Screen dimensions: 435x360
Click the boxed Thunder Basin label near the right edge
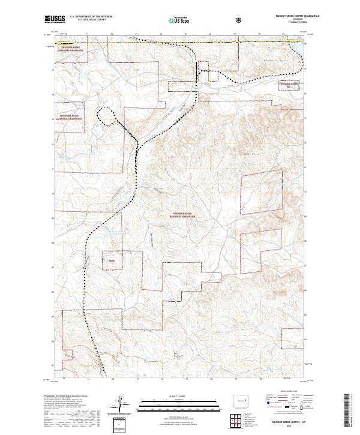(292, 85)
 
